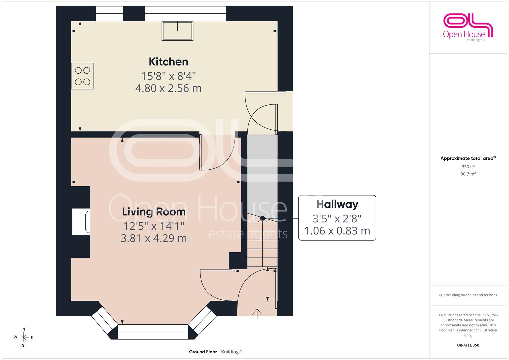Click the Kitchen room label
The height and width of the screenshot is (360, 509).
168,62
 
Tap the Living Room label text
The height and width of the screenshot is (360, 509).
154,212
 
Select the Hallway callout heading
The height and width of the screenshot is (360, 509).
337,204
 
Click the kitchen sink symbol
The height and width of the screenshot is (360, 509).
177,31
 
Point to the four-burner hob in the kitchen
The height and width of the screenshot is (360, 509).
82,76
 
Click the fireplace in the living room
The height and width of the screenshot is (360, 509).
81,222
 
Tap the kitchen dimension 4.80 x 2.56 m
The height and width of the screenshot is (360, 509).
168,88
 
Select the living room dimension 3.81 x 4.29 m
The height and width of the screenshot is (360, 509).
154,238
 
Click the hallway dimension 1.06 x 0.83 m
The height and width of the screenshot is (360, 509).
337,231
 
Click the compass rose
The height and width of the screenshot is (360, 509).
23,337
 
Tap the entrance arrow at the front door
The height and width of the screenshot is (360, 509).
257,314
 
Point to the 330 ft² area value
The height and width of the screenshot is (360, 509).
468,167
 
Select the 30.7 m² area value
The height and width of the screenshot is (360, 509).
468,174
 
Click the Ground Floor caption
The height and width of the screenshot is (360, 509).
203,352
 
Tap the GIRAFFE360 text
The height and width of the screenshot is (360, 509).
468,345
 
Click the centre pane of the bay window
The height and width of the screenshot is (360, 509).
153,332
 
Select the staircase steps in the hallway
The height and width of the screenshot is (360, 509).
262,241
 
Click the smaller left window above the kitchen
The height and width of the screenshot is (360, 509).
110,13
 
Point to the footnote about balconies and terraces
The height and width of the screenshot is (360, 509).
468,295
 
